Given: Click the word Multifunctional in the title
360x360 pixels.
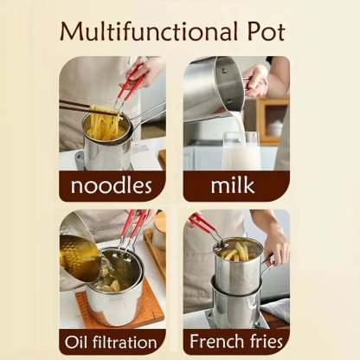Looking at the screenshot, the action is [x=149, y=31].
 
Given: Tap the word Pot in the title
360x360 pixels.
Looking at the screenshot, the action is [x=267, y=31].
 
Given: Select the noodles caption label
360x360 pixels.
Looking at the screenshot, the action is [x=112, y=185].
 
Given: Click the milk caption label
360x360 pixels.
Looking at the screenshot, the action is [x=233, y=185].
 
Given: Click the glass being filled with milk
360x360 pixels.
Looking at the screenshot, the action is [x=241, y=151].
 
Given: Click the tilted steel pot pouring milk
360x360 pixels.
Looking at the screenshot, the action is [x=214, y=87].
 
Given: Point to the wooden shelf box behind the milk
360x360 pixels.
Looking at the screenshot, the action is [x=273, y=120].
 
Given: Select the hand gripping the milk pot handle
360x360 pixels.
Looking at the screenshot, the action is [x=255, y=80].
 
